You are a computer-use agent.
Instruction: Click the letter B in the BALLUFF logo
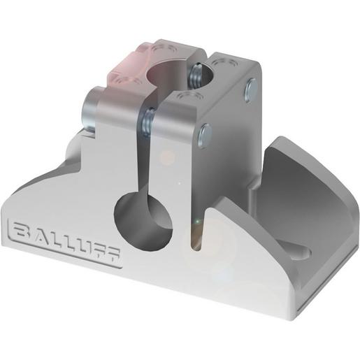(20, 231)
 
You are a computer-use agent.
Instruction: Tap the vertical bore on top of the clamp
(171, 74)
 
